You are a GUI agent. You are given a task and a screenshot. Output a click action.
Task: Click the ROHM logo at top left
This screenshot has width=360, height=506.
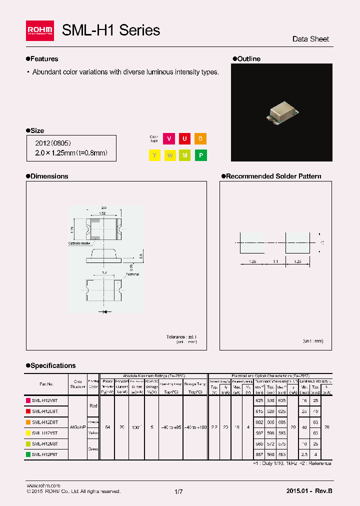[x=40, y=31]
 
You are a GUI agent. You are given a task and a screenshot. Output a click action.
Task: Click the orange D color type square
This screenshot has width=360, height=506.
[x=200, y=139]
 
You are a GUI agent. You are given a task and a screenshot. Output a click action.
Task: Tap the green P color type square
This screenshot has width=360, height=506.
[x=200, y=155]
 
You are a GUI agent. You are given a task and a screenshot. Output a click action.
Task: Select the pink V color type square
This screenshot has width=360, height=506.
[x=169, y=139]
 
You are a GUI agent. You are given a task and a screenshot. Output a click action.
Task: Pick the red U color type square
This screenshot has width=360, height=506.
[x=184, y=139]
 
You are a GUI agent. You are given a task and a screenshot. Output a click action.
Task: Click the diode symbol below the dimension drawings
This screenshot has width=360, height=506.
[x=104, y=311]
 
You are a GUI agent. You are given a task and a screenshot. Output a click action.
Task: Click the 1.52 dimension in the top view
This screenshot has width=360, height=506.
[x=102, y=213]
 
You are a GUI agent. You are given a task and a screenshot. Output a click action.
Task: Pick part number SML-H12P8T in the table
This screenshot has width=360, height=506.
[x=45, y=454]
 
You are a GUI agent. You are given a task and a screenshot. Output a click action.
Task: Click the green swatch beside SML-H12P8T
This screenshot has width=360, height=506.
[x=28, y=454]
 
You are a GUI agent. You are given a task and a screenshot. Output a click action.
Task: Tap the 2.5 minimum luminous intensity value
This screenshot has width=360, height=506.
[x=303, y=454]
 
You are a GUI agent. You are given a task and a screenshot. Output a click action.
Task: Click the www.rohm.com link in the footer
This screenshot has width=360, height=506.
[x=43, y=485]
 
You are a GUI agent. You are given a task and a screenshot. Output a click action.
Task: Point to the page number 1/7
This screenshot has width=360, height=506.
[x=179, y=492]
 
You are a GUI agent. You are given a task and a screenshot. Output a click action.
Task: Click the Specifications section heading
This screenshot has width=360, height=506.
[x=53, y=365]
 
